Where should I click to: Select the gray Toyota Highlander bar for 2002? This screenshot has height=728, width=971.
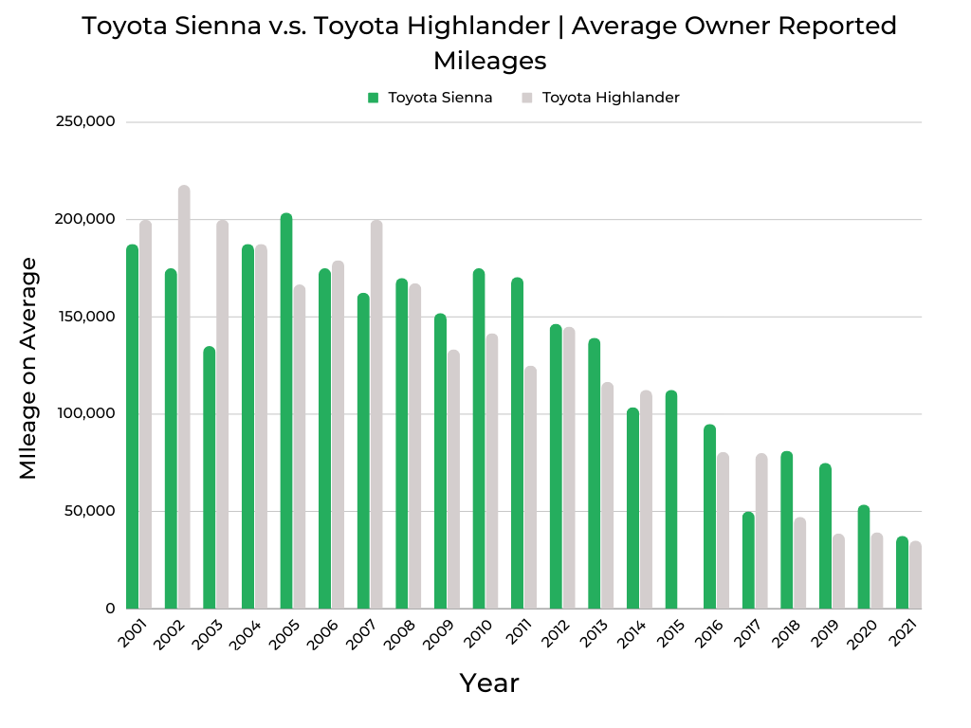click(184, 397)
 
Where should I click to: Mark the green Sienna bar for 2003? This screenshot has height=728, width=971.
click(210, 478)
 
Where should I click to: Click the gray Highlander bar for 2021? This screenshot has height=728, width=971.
click(915, 575)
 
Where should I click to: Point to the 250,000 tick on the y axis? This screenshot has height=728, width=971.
click(86, 122)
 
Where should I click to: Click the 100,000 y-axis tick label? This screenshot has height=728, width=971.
click(86, 414)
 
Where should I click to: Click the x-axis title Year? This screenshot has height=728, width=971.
click(489, 682)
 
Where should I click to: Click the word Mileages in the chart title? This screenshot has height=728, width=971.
click(489, 61)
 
